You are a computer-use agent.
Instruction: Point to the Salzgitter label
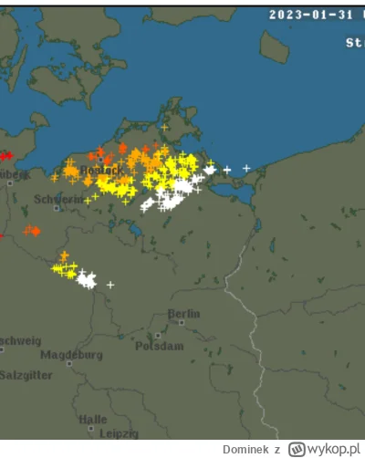click(25, 374)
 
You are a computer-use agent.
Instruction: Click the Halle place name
click(92, 420)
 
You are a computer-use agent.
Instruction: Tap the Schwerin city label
click(51, 198)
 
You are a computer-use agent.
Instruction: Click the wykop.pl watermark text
click(335, 449)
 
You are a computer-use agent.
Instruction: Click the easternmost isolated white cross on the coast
click(246, 168)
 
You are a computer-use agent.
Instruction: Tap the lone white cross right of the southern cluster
click(110, 285)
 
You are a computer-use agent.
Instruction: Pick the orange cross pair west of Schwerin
click(32, 230)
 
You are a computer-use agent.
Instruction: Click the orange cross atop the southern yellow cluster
click(64, 255)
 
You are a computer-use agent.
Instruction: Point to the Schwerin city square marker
click(57, 208)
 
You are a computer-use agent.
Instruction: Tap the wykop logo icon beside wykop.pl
click(296, 449)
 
